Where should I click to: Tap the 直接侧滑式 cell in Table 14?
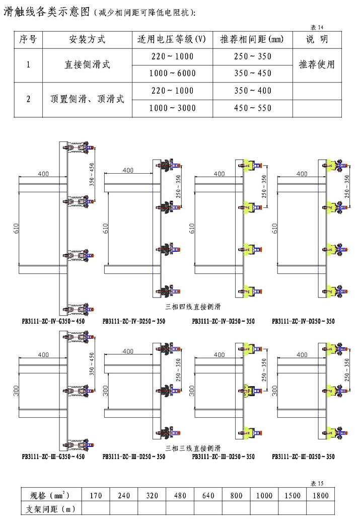tap(87, 65)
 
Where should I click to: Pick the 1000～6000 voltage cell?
tap(173, 73)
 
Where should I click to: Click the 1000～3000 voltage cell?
tap(173, 108)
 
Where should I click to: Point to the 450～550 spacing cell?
tap(253, 108)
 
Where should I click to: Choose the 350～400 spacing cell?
tap(253, 91)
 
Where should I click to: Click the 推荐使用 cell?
tap(317, 65)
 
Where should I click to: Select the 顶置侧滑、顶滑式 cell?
tap(87, 100)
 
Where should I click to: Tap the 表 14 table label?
tap(318, 27)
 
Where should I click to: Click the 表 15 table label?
tap(317, 484)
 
